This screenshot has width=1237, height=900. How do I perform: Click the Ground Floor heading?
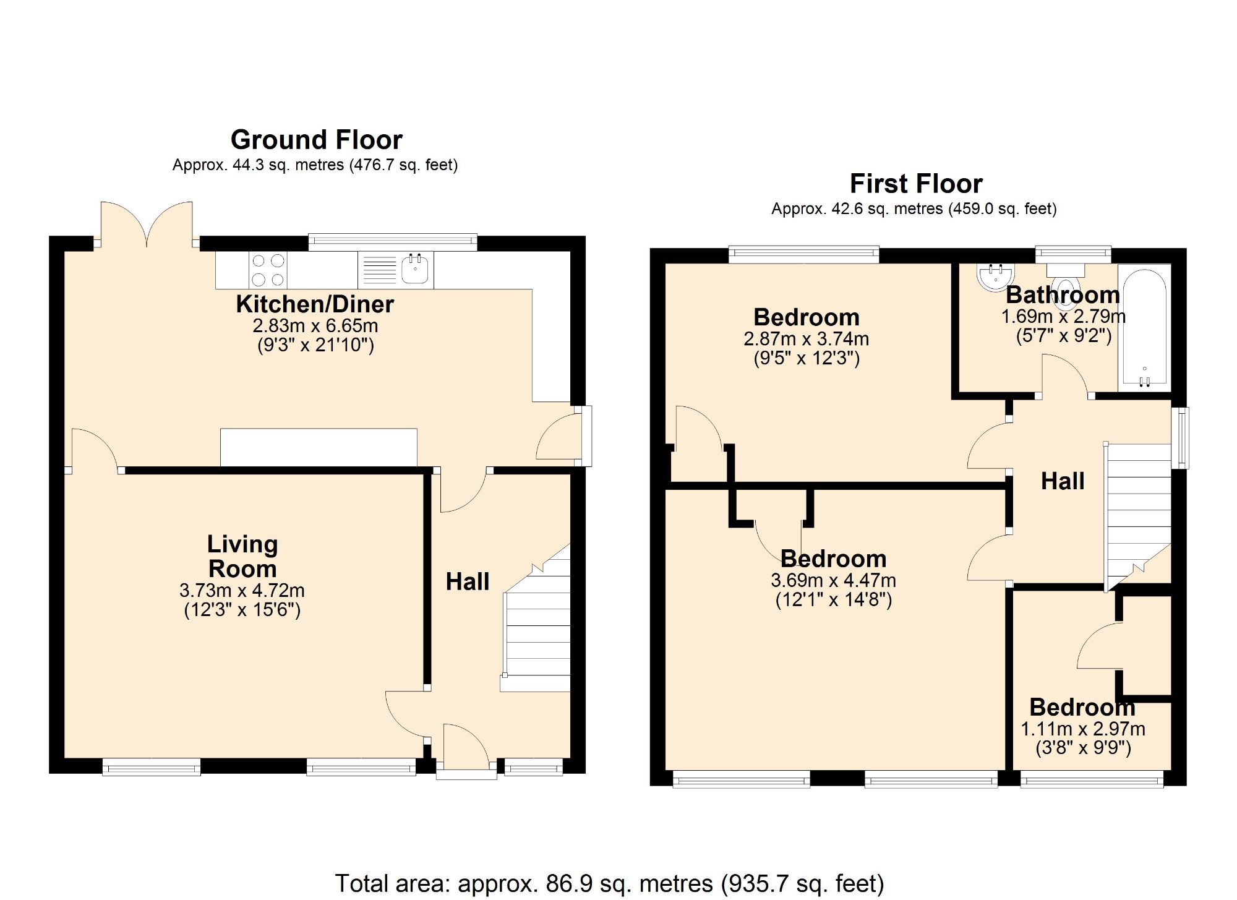pyautogui.click(x=316, y=140)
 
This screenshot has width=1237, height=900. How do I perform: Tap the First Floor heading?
pyautogui.click(x=915, y=184)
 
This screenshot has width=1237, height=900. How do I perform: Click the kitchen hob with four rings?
pyautogui.click(x=268, y=270)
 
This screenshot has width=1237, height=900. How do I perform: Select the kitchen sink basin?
pyautogui.click(x=415, y=270)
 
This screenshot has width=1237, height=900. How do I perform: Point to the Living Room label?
pyautogui.click(x=242, y=556)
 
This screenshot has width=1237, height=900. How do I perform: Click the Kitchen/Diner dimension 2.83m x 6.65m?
pyautogui.click(x=315, y=326)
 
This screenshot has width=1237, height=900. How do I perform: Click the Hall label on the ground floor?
pyautogui.click(x=467, y=581)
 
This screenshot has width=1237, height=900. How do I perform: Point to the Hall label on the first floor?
pyautogui.click(x=1062, y=481)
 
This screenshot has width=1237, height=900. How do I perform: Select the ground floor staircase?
pyautogui.click(x=537, y=631)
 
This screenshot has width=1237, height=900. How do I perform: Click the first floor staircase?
pyautogui.click(x=1138, y=513)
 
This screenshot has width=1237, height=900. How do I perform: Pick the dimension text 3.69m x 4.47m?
pyautogui.click(x=833, y=581)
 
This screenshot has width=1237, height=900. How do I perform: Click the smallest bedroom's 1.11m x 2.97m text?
pyautogui.click(x=1082, y=729)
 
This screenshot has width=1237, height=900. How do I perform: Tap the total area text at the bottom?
pyautogui.click(x=609, y=883)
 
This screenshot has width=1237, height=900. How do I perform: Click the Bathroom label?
pyautogui.click(x=1062, y=295)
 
